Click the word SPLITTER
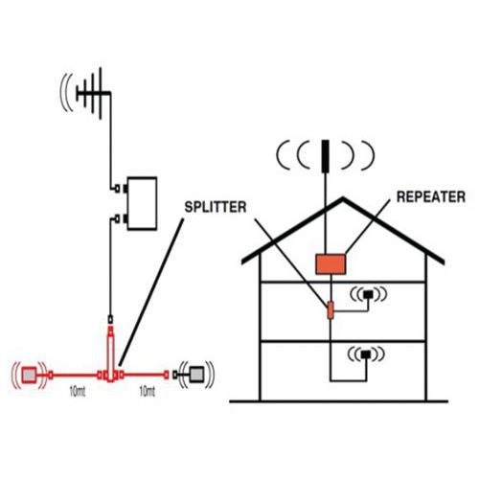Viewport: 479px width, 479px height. click(x=216, y=207)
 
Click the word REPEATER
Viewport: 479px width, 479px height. click(x=431, y=196)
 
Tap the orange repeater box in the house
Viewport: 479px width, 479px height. click(x=331, y=264)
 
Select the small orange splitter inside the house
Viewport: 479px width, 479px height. click(x=331, y=310)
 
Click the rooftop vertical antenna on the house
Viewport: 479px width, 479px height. click(x=325, y=156)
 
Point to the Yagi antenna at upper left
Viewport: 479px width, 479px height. click(x=94, y=93)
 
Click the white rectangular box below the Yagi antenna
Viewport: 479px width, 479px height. click(x=142, y=203)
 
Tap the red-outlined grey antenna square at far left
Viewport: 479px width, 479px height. click(x=30, y=375)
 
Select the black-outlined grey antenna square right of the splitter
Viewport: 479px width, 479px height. click(x=196, y=375)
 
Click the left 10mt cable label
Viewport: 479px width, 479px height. click(x=78, y=392)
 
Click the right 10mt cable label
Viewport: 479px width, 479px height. click(x=148, y=392)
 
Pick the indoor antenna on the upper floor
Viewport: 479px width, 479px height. click(x=369, y=294)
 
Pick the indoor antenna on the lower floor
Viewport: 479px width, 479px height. click(x=366, y=354)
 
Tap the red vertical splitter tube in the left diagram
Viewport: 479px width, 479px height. click(x=110, y=354)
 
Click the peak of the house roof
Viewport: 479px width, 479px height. click(x=343, y=198)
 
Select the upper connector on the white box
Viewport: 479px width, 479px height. click(x=121, y=189)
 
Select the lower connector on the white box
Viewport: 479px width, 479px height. click(x=121, y=219)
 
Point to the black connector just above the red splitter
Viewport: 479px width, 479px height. click(x=110, y=319)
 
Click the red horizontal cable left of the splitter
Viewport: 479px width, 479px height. click(x=75, y=376)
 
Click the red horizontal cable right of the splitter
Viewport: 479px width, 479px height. click(x=144, y=375)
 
